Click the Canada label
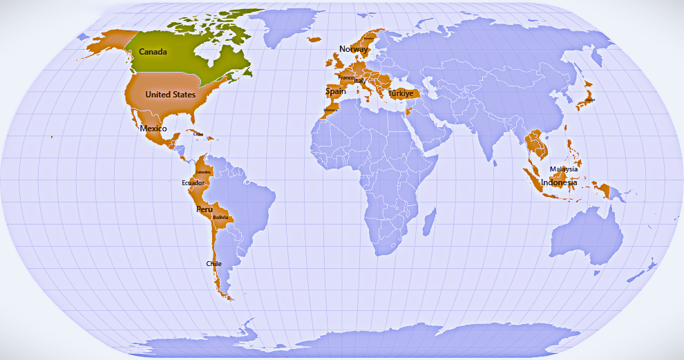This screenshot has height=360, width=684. (153, 52)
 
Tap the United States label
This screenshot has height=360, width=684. (170, 94)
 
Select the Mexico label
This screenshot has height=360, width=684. (153, 129)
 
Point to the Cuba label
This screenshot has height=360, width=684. (199, 134)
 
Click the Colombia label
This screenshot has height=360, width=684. (203, 171)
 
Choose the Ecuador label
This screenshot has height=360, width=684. (193, 183)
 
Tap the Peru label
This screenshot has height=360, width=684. (205, 209)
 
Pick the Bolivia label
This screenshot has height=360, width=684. (220, 217)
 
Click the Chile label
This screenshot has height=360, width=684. (213, 264)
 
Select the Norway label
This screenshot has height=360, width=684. (353, 49)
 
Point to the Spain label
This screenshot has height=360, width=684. (335, 91)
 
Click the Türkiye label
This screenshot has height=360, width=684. (401, 93)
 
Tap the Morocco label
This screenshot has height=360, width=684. (331, 109)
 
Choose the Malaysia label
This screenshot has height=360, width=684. (564, 169)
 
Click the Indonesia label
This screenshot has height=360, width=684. (559, 182)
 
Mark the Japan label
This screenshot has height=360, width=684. (589, 99)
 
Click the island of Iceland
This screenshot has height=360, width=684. (314, 39)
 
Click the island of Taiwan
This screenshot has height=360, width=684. (565, 126)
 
